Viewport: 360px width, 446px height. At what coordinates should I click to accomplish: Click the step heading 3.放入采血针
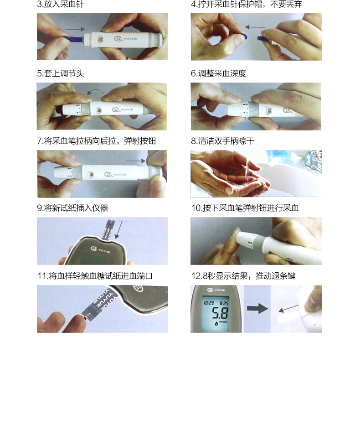60,4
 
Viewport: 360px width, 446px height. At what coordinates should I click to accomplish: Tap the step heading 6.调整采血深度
218,74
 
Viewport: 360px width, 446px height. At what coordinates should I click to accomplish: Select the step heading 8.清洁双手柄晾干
222,141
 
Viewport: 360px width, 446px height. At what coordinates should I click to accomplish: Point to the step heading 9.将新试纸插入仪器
72,208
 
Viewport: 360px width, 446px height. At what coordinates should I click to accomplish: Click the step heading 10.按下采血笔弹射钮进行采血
245,208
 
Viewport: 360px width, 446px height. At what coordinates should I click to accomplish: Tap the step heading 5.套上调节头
60,74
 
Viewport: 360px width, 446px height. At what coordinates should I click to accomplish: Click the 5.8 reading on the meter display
220,313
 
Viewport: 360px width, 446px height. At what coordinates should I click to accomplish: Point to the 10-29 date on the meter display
209,303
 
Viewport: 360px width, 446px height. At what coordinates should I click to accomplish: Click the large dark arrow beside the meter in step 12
257,309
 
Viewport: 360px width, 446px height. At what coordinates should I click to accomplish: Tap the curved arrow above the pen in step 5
96,91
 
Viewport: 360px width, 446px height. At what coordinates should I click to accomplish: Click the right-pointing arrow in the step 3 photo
75,29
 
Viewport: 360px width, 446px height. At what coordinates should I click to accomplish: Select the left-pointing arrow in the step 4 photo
255,27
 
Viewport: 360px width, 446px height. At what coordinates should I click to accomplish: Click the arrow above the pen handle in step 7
135,161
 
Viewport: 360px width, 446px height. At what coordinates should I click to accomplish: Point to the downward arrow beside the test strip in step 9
118,230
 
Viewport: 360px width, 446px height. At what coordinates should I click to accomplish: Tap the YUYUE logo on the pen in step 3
126,38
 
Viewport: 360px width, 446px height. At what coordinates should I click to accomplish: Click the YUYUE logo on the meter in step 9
100,250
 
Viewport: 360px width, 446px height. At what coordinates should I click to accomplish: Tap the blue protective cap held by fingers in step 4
243,36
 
